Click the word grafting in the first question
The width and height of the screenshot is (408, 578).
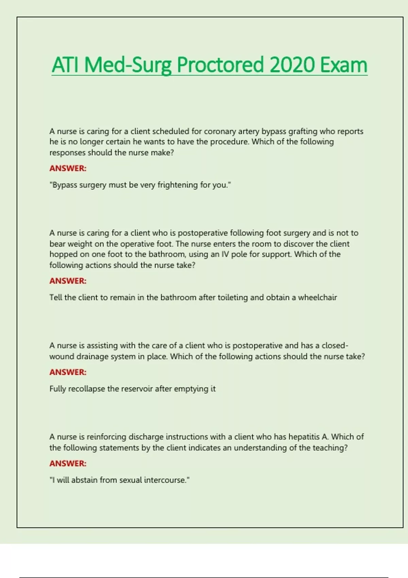(x=303, y=131)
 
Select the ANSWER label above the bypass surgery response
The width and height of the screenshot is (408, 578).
(x=68, y=168)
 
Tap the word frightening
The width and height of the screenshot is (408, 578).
(x=177, y=185)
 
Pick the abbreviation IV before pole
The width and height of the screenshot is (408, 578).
(x=225, y=254)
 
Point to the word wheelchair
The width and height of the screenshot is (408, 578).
(x=317, y=297)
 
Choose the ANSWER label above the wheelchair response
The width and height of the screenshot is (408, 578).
(x=68, y=281)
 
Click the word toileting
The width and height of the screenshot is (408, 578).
(x=233, y=297)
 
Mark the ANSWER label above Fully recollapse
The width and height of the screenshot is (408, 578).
(x=68, y=372)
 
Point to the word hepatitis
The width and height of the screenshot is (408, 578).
(x=304, y=437)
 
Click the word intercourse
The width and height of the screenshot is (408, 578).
(x=167, y=480)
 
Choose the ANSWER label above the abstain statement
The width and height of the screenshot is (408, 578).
(x=68, y=463)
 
